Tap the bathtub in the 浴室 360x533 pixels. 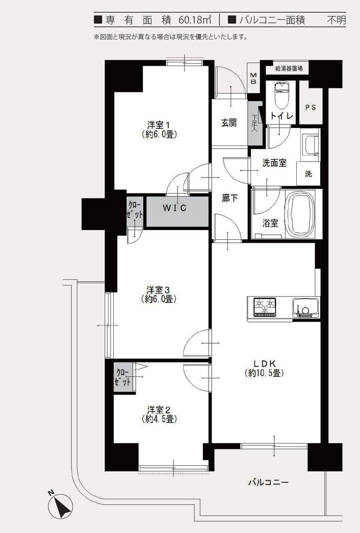tap(300, 214)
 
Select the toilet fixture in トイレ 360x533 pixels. tap(281, 97)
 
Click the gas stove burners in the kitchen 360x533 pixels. tap(264, 306)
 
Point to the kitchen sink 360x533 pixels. tap(305, 308)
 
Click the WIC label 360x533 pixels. tap(174, 208)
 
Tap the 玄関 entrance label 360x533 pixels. tap(229, 123)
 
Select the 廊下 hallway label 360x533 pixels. tap(229, 198)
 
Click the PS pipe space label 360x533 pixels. tap(310, 107)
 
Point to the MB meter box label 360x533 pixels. tap(253, 78)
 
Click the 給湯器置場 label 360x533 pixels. tap(288, 69)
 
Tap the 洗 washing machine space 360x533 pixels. tap(308, 174)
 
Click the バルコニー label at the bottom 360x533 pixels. tap(268, 482)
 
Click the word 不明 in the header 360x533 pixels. tap(335, 20)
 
